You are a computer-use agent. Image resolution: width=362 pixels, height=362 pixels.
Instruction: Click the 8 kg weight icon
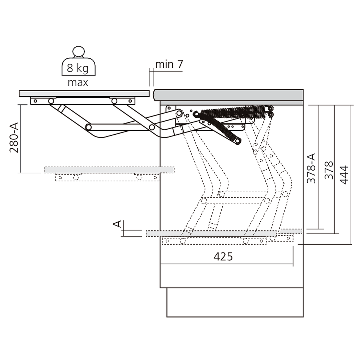(x=78, y=66)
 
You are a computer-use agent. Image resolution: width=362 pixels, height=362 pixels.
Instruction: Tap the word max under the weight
(x=78, y=83)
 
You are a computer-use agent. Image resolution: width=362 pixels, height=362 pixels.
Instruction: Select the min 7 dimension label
(x=169, y=65)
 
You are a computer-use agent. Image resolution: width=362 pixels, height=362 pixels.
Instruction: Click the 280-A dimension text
(x=14, y=138)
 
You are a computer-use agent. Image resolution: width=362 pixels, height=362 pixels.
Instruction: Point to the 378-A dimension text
(x=311, y=168)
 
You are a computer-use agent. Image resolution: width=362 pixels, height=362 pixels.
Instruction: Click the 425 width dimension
(x=223, y=256)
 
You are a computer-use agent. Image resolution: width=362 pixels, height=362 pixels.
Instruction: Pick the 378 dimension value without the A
(x=328, y=170)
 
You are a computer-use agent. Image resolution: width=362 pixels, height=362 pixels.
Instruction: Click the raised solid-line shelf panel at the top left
(x=84, y=93)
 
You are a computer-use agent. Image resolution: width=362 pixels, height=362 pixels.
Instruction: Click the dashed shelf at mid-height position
(x=109, y=169)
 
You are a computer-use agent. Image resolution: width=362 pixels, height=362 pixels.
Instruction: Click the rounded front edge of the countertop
(x=157, y=95)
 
